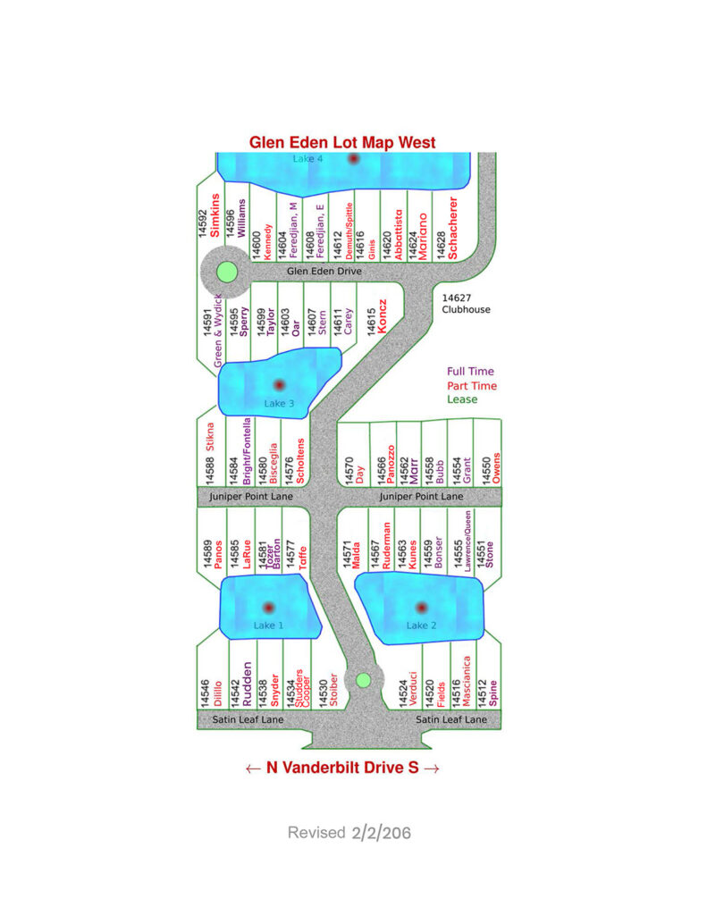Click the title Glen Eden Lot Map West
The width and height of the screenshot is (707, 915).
(x=342, y=142)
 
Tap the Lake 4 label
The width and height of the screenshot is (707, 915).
(x=307, y=158)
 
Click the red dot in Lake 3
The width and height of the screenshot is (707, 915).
(x=278, y=385)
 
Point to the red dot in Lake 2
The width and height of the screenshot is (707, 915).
(x=420, y=608)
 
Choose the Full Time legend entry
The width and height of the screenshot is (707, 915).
(x=470, y=371)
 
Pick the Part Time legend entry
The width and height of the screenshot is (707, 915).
(x=471, y=385)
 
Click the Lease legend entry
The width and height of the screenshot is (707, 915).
(x=463, y=399)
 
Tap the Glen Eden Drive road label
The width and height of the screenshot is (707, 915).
(x=324, y=271)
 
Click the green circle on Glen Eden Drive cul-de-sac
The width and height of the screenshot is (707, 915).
(x=227, y=272)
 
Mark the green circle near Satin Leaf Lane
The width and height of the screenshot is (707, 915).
(x=363, y=680)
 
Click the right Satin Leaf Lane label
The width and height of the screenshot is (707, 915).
(x=451, y=719)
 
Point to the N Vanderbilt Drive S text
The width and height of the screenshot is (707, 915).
(x=342, y=767)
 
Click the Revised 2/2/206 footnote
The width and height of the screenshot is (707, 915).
(x=349, y=833)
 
